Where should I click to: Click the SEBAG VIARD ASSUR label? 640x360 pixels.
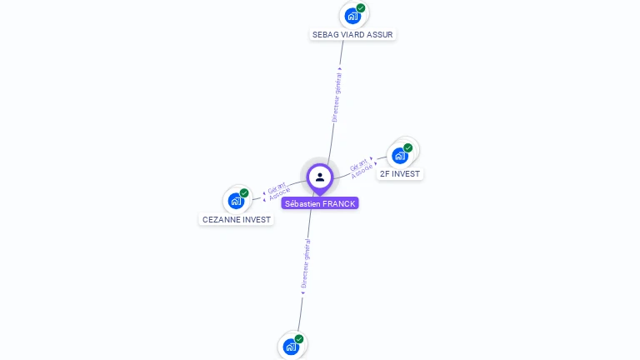pyautogui.click(x=352, y=35)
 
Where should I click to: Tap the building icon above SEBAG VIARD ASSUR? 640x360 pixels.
pyautogui.click(x=352, y=15)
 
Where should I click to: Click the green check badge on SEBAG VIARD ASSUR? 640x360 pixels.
pyautogui.click(x=361, y=8)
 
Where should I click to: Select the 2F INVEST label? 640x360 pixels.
pyautogui.click(x=400, y=173)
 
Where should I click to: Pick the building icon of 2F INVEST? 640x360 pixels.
pyautogui.click(x=400, y=155)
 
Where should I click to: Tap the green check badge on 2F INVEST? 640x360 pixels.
pyautogui.click(x=408, y=147)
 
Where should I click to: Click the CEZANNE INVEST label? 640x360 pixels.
pyautogui.click(x=237, y=220)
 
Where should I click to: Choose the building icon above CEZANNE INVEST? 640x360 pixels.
pyautogui.click(x=236, y=200)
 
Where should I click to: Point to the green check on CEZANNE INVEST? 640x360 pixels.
pyautogui.click(x=244, y=193)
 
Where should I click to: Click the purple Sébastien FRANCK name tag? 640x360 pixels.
pyautogui.click(x=320, y=203)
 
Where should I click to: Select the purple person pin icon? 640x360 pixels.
pyautogui.click(x=320, y=177)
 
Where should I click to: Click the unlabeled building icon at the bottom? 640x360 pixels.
pyautogui.click(x=291, y=347)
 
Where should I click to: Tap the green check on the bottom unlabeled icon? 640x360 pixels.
pyautogui.click(x=299, y=339)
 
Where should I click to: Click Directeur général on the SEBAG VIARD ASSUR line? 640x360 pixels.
pyautogui.click(x=337, y=95)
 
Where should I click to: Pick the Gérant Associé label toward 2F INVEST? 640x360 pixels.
pyautogui.click(x=361, y=166)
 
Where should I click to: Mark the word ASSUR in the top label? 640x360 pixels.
pyautogui.click(x=379, y=35)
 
